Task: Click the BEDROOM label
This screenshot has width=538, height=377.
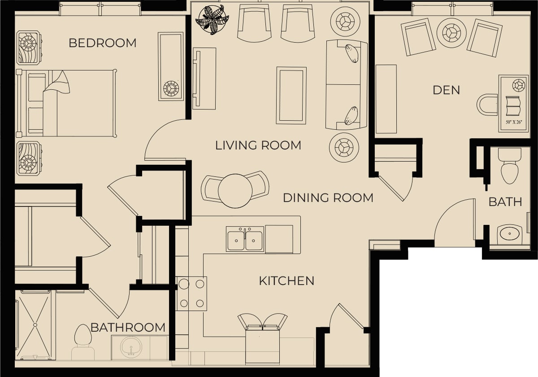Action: click(103, 43)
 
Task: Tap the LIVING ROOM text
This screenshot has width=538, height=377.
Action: click(258, 145)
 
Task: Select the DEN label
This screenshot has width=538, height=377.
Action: click(446, 90)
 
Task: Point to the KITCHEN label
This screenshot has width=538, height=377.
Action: click(286, 281)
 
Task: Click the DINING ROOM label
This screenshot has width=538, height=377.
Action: click(328, 198)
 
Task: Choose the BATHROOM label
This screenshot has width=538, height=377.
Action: click(128, 328)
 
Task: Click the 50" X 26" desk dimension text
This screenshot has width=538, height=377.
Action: click(514, 122)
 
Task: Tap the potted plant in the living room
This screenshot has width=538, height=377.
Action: click(212, 20)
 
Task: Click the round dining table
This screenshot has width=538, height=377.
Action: click(235, 191)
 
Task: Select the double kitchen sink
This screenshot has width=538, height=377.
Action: click(245, 239)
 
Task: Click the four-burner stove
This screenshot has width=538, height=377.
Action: click(192, 294)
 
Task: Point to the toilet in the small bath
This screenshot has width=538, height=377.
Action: click(509, 166)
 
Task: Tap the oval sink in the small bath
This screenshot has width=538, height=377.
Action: click(510, 233)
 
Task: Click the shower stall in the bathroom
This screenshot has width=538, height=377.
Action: click(35, 325)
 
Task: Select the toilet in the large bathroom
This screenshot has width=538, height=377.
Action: click(83, 342)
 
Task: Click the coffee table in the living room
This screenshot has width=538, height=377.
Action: click(291, 96)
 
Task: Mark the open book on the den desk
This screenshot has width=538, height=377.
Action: click(513, 106)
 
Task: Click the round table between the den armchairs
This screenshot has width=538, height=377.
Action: click(451, 33)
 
